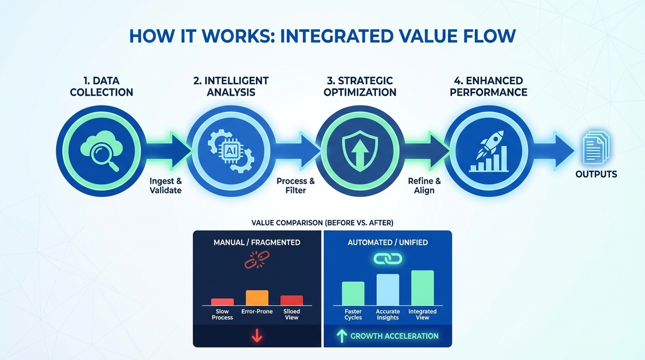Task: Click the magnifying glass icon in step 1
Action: click(104, 157)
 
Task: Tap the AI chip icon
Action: click(230, 151)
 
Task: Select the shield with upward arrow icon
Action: click(360, 151)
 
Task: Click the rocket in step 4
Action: click(489, 144)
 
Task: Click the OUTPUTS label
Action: click(596, 174)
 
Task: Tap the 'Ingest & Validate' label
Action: click(165, 186)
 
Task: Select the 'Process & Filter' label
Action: click(295, 186)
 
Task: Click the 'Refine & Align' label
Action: click(424, 186)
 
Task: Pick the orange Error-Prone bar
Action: click(257, 298)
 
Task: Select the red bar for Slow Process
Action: click(222, 302)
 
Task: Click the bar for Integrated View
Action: click(422, 288)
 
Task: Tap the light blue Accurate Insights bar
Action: click(388, 289)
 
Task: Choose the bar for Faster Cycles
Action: click(353, 293)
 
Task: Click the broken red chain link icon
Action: click(257, 260)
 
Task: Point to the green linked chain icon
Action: click(388, 259)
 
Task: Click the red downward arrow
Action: click(257, 336)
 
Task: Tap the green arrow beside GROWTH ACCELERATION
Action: click(342, 336)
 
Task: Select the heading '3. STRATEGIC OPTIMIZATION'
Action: click(360, 86)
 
